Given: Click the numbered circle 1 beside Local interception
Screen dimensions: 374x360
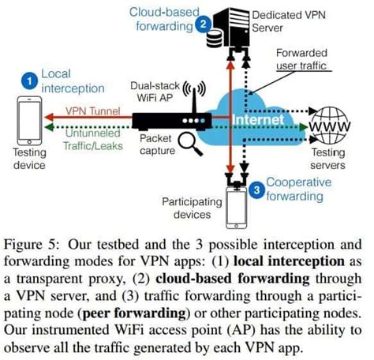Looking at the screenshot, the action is point(29,81).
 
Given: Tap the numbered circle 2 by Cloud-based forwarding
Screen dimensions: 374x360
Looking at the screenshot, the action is point(203,24).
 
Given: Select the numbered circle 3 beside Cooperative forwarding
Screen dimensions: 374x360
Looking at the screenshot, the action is point(256,189).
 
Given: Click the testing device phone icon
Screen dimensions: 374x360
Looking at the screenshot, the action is point(29,121).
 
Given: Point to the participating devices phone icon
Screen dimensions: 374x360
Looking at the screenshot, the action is point(236,208).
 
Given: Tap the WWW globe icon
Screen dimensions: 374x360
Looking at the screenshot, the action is point(329,126).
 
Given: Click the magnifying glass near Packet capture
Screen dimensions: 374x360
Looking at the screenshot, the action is point(190,144).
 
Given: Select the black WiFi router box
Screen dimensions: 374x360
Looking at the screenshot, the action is point(172,122).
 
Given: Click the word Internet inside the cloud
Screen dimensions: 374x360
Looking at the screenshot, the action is point(259,119).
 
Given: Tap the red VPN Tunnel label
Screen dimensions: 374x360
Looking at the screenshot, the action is point(93,111).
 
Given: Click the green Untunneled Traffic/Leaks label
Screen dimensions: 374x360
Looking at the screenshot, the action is point(93,140).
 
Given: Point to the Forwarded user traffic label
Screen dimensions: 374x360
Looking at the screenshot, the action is point(301,59).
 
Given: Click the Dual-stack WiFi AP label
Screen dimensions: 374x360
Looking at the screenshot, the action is point(155,92).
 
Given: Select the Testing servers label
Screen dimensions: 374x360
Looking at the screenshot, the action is point(328,159).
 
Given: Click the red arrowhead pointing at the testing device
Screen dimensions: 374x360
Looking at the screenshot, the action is point(49,117).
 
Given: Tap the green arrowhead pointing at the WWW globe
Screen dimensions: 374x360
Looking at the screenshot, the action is point(304,127).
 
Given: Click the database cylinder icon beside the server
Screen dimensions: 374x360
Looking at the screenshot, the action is point(214,39).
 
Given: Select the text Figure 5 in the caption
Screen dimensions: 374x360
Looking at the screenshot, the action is point(29,245).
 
